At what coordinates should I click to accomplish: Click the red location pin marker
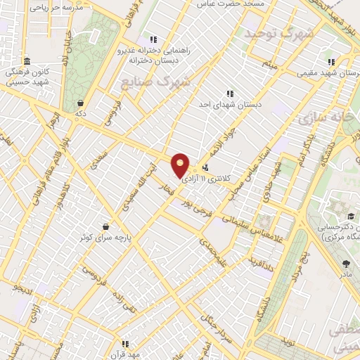point(181,165)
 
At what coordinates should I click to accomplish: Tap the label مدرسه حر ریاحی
point(58,8)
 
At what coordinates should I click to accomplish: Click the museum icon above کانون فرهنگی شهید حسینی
point(27,61)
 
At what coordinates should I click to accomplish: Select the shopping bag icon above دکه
point(81,102)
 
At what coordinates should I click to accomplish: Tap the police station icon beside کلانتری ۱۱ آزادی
point(205,168)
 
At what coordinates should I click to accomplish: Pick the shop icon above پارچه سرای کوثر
point(105,226)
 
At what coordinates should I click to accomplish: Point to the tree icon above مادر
point(346,264)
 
